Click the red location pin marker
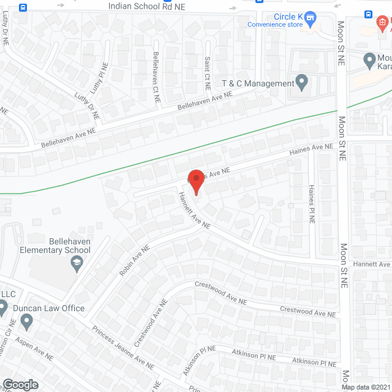pos(195,182)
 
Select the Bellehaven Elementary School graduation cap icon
pos(77,264)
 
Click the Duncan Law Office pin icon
pos(26,320)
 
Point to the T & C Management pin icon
pos(301,82)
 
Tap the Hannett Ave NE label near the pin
pos(194,211)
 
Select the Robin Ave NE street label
pos(135,261)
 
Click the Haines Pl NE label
pos(311,204)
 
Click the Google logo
pos(20,384)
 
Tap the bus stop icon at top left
pos(23,7)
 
